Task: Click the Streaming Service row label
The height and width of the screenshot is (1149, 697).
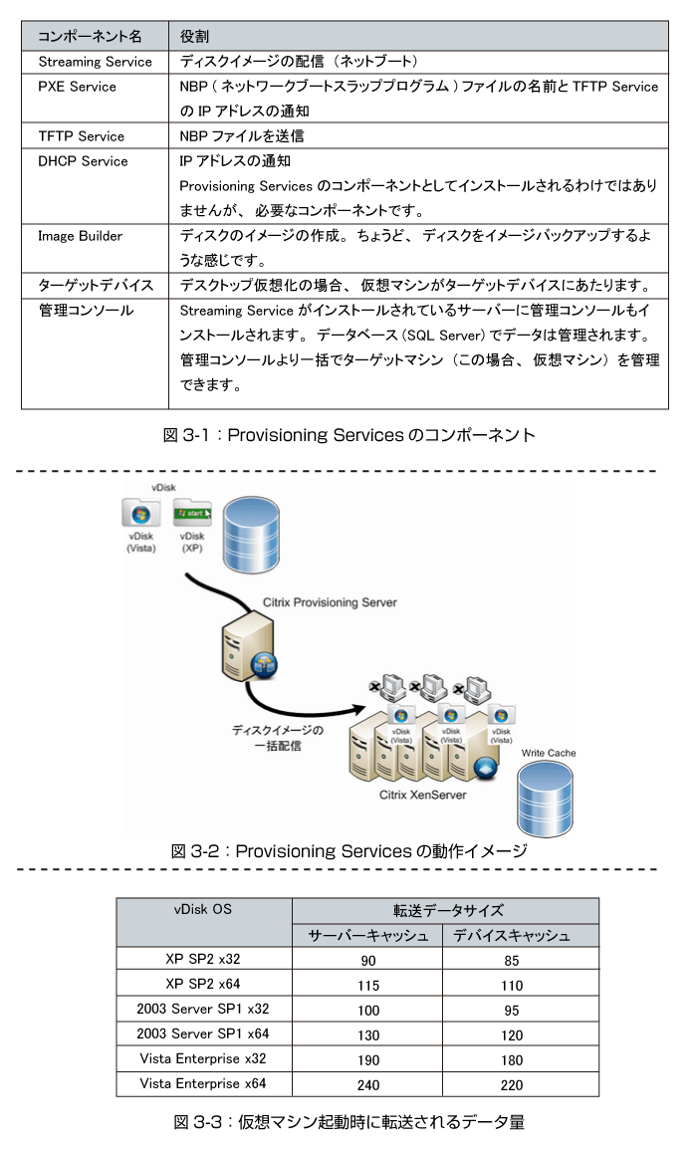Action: click(96, 62)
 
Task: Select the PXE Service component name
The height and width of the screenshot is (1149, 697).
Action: click(77, 87)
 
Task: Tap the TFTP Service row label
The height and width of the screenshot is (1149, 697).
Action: click(82, 136)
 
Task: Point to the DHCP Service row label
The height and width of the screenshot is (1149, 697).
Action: click(83, 161)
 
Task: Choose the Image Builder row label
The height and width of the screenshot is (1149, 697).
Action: click(80, 236)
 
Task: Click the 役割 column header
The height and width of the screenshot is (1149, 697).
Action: click(195, 37)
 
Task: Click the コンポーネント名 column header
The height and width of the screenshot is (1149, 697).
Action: click(90, 37)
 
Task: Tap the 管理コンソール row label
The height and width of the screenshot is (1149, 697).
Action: click(86, 311)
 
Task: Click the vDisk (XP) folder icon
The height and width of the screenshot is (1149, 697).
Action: click(192, 514)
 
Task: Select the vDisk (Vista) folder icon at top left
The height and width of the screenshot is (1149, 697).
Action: click(140, 514)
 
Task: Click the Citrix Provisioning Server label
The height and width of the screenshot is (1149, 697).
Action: click(330, 602)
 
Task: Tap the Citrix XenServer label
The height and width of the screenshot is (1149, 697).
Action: click(422, 795)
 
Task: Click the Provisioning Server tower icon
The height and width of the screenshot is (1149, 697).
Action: click(249, 649)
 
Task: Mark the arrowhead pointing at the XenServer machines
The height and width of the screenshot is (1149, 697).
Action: click(358, 709)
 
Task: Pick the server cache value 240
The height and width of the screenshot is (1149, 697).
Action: click(368, 1084)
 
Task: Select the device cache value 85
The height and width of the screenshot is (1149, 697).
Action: click(512, 960)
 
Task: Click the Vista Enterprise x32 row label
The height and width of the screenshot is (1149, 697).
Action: click(203, 1058)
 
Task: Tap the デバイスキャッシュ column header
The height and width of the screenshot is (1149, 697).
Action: click(512, 935)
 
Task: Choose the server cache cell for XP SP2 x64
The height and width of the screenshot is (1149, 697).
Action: click(368, 985)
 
